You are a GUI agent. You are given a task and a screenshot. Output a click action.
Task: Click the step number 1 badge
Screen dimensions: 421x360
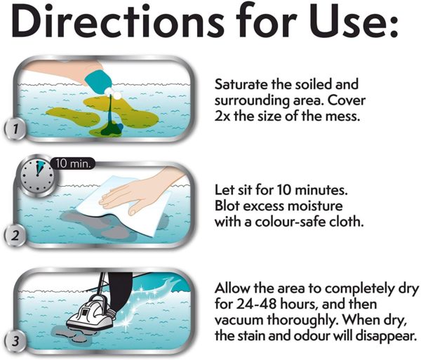pos(15,129)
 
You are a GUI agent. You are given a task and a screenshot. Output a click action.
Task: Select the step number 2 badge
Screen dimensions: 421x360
pos(15,235)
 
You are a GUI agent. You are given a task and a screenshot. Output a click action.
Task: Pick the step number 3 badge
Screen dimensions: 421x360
pos(15,341)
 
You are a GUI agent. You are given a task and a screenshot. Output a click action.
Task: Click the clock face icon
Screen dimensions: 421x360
pos(37,176)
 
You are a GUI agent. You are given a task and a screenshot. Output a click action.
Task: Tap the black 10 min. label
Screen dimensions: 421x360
pos(72,164)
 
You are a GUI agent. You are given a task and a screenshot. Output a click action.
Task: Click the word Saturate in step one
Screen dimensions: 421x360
pos(241,84)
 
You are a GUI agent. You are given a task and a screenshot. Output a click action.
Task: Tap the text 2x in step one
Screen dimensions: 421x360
pos(222,116)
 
